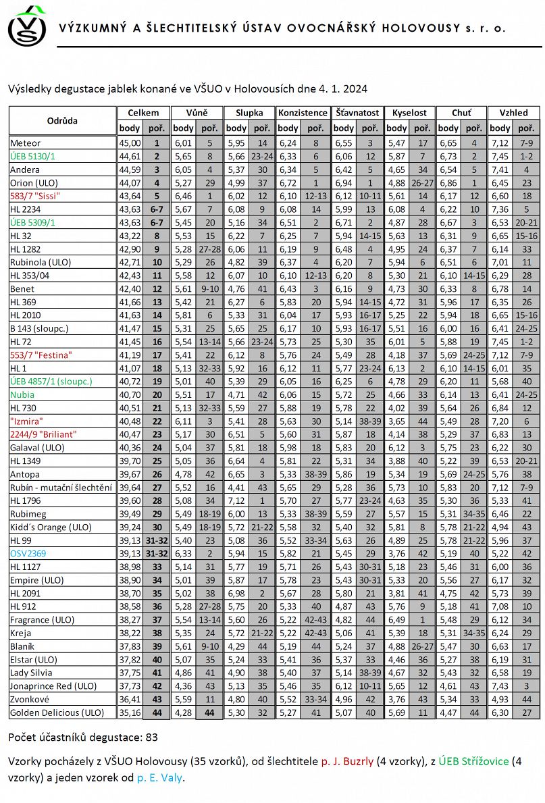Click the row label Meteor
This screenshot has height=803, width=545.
point(26,143)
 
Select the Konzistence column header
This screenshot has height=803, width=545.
point(303,113)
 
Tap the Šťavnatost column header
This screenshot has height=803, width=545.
point(357,113)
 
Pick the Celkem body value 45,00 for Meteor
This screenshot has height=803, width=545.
point(130,143)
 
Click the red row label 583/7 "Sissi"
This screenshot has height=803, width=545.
point(35,196)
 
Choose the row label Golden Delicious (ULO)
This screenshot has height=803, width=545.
point(57,713)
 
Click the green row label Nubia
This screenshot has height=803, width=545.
point(22,394)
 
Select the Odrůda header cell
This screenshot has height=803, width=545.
point(62,121)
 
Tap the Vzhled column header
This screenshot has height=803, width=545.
point(513,113)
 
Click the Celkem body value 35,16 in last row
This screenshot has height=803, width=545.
point(130,713)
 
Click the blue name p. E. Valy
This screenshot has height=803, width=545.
point(159,777)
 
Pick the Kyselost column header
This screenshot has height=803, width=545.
point(410,113)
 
